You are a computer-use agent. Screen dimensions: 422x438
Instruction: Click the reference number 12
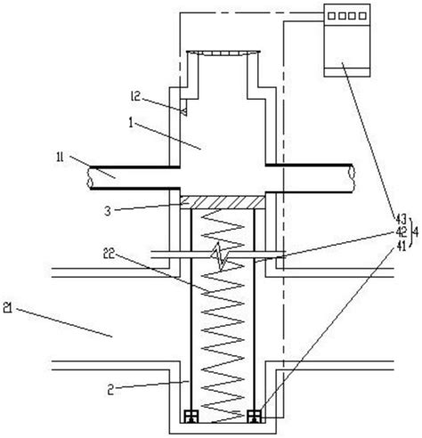click(135, 96)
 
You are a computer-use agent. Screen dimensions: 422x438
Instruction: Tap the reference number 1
click(131, 123)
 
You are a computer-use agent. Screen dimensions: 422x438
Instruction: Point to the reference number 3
click(108, 211)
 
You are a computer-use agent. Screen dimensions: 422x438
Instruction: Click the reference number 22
click(109, 254)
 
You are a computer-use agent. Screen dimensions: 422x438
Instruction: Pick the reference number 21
click(8, 308)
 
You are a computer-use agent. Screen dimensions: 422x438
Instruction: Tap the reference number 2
click(110, 390)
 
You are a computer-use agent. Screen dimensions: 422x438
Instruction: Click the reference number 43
click(401, 219)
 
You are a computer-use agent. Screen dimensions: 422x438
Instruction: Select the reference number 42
click(401, 232)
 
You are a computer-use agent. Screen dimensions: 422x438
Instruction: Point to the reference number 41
click(401, 246)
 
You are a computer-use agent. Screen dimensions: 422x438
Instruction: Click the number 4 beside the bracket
click(416, 232)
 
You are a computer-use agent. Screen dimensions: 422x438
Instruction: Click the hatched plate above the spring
click(223, 202)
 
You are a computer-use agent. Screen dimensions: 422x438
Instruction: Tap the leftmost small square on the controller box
click(331, 15)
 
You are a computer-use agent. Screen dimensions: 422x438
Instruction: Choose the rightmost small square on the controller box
click(362, 15)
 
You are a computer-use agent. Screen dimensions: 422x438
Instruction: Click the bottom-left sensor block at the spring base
click(191, 416)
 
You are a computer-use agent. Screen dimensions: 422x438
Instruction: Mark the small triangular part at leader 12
click(184, 111)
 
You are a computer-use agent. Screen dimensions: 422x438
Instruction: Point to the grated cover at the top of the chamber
click(223, 53)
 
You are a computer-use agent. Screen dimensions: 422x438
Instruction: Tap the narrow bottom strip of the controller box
click(346, 72)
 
